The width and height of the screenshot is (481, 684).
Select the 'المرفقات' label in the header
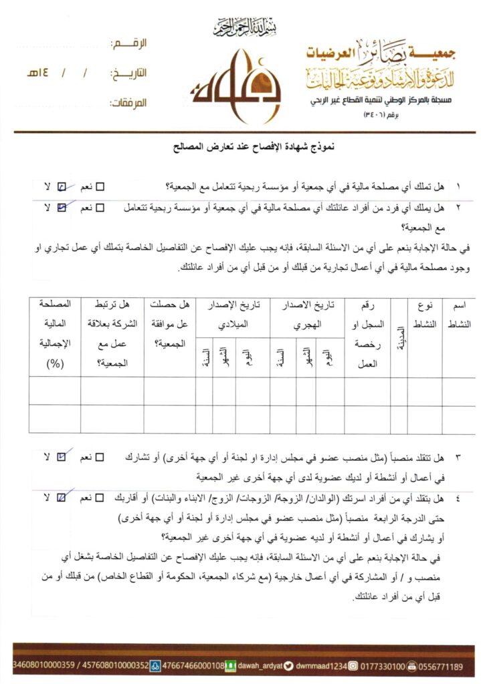(x=126, y=104)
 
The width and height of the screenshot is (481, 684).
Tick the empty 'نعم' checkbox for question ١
(x=105, y=186)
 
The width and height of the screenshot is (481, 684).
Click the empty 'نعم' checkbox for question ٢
(x=100, y=208)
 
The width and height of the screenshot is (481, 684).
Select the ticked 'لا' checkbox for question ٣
(x=62, y=458)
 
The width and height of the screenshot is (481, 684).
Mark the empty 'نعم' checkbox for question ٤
(x=100, y=498)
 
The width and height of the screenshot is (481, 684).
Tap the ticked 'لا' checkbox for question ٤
(x=62, y=498)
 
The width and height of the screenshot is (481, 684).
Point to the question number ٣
(x=458, y=458)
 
